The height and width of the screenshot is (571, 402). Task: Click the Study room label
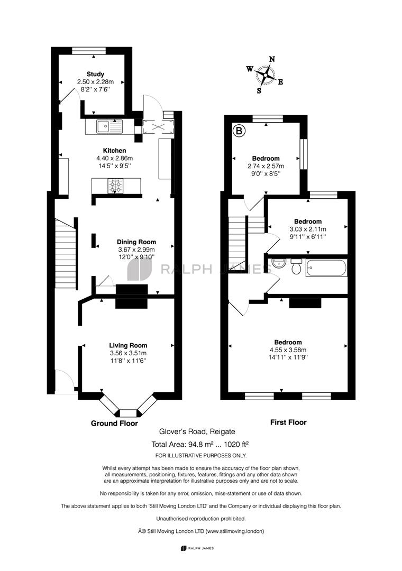coord(95,75)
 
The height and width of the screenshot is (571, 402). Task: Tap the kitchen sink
coord(109,127)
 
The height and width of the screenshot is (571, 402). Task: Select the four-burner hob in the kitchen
coord(115,186)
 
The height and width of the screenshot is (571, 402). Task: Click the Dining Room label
coord(136,242)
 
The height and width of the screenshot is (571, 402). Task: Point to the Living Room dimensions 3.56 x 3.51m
coord(129,353)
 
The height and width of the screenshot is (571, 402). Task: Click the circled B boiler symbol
coord(239,131)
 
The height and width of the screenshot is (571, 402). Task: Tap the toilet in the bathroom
coord(296,266)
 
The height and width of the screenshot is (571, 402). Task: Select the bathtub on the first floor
coord(326,268)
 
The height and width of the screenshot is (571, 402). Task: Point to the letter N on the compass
coord(272,59)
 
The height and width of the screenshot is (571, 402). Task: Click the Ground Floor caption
coord(114,423)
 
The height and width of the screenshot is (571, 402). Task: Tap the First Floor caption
coord(288,422)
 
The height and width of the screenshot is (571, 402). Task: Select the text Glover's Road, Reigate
coord(197,431)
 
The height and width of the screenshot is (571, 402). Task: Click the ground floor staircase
coord(66,253)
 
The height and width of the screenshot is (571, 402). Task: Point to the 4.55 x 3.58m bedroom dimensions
coord(288,350)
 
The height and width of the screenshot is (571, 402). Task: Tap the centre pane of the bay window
coord(127,413)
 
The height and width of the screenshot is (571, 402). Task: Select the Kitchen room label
coord(114,150)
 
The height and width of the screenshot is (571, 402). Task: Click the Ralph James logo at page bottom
coord(197,548)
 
